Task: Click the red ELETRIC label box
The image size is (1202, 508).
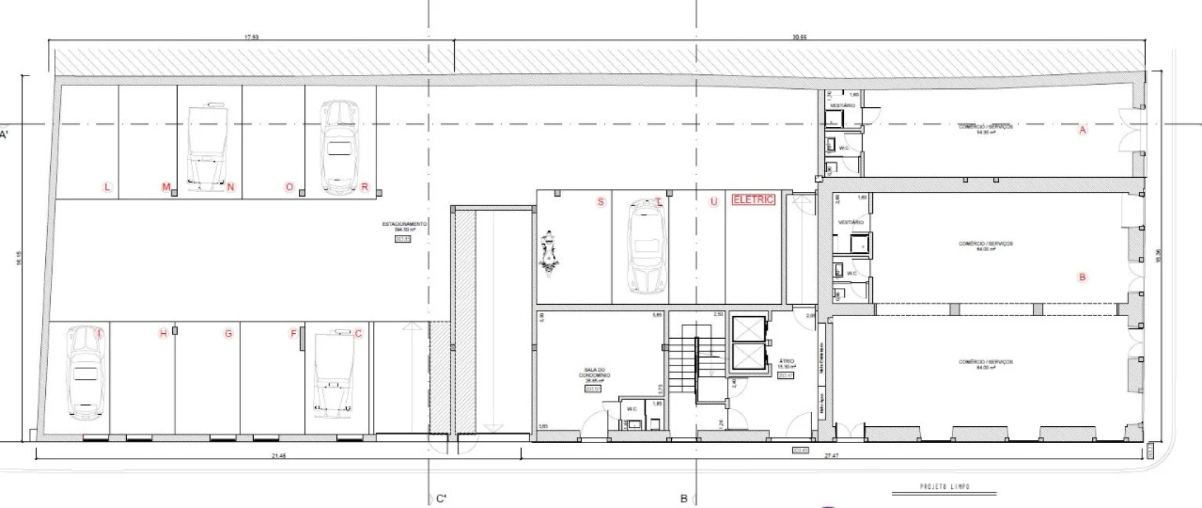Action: tap(754, 200)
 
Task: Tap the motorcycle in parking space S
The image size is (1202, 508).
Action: tap(548, 252)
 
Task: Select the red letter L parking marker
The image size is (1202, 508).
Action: tap(107, 187)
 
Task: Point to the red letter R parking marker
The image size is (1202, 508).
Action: tap(364, 187)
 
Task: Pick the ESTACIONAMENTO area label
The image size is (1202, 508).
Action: tap(405, 226)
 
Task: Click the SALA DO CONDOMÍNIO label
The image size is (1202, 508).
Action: tap(596, 375)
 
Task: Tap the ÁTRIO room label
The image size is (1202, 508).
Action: tap(786, 363)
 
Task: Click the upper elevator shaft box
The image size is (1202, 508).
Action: tap(748, 329)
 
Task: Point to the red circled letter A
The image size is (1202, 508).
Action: tap(1083, 130)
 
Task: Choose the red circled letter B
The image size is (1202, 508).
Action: tap(1083, 277)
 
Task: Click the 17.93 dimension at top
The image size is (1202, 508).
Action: tap(252, 37)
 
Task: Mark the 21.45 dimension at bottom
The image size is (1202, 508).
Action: tap(278, 456)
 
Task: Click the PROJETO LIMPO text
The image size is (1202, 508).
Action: tap(945, 487)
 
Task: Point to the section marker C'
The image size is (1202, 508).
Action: tap(441, 499)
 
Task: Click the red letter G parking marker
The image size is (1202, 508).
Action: tap(228, 334)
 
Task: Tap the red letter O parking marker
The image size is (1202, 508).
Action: tap(289, 187)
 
